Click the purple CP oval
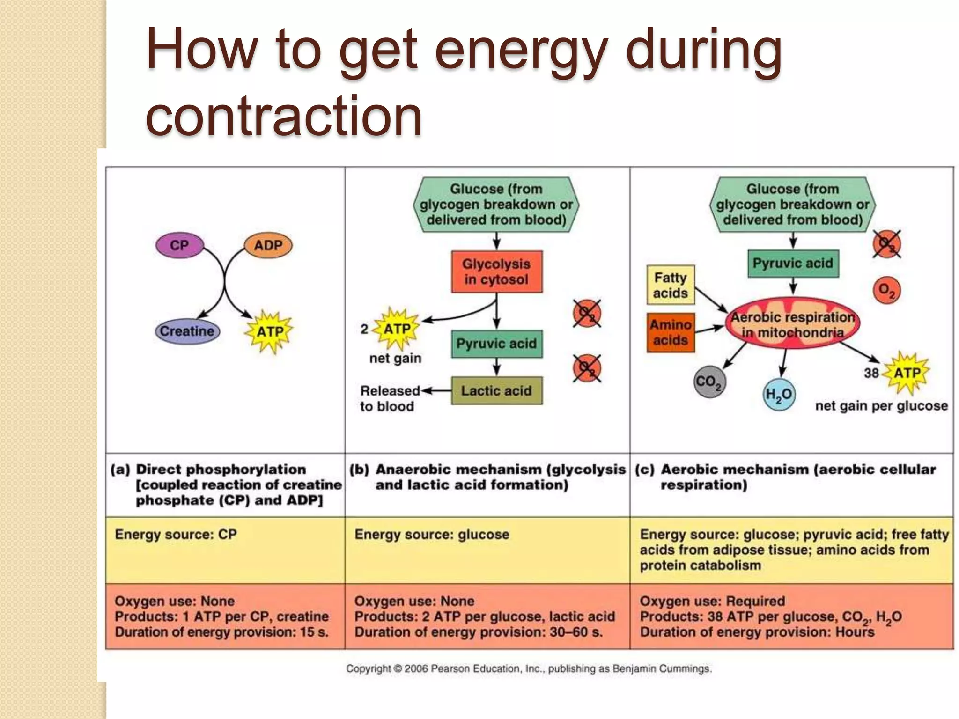179,245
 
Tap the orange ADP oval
268,245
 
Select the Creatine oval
187,331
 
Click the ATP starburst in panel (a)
269,331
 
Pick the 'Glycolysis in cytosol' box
496,271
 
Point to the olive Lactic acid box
496,390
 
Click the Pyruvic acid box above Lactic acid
496,344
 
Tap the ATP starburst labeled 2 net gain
397,329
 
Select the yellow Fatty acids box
670,285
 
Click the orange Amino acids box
670,332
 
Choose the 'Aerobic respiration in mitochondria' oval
792,324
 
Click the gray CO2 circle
709,382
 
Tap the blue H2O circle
778,395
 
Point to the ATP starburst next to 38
907,373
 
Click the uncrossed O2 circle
886,290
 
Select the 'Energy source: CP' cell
176,535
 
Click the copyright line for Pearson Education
529,668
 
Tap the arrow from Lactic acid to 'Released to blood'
436,390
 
